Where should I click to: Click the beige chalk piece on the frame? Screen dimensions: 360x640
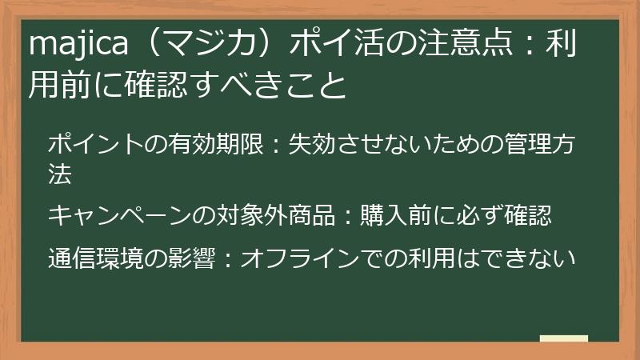[564, 339]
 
